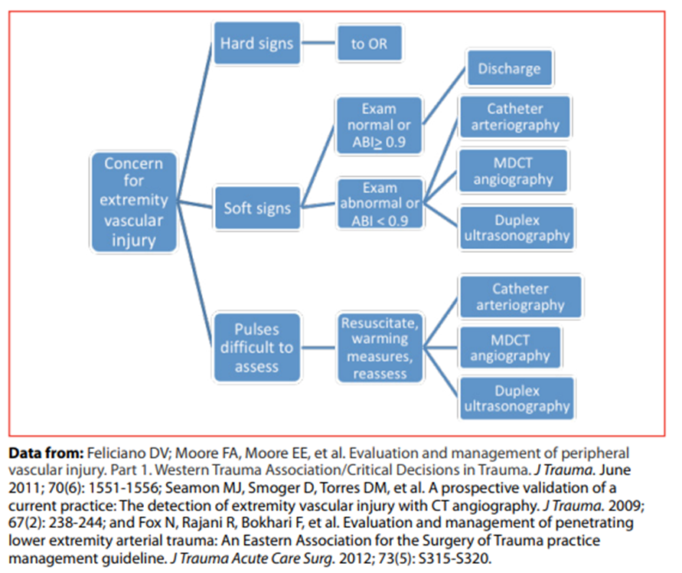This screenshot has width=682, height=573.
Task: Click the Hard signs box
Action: tap(256, 43)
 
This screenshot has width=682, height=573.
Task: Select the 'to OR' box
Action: tap(369, 43)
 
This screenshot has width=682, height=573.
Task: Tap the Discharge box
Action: tap(509, 69)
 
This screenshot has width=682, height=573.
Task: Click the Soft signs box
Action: tap(256, 207)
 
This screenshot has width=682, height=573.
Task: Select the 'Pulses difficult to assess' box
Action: tap(256, 348)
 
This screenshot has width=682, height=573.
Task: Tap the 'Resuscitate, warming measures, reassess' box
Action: tap(380, 348)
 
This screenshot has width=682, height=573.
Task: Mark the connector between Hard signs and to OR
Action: tap(318, 43)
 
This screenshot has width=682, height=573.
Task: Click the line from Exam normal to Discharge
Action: tap(442, 96)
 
